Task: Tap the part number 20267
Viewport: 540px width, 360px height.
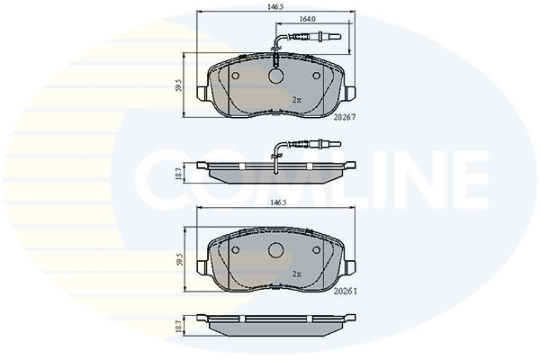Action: [x=345, y=118]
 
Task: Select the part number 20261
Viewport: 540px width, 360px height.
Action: [x=346, y=292]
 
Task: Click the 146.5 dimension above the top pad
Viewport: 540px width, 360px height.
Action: [x=275, y=6]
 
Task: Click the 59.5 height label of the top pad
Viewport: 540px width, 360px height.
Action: [x=178, y=85]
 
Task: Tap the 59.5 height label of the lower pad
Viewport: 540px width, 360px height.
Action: [x=178, y=258]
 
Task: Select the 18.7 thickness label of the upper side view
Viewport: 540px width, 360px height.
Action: [x=178, y=173]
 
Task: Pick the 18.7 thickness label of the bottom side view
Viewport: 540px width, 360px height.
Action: [x=178, y=325]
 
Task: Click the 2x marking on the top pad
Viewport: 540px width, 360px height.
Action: [x=296, y=100]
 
